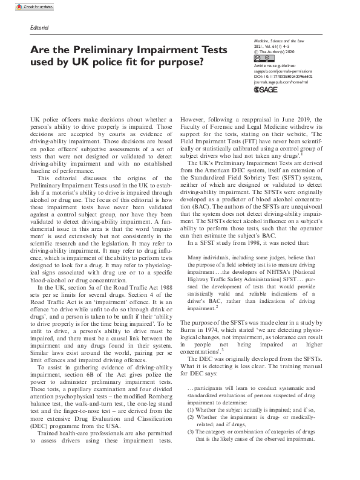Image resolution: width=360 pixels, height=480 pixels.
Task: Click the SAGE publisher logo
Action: (265, 88)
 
